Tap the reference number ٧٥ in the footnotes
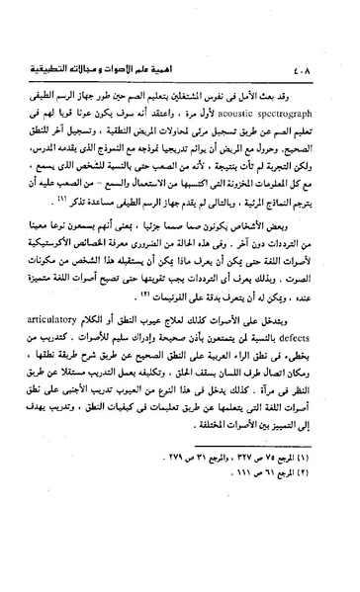pyautogui.click(x=269, y=515)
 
